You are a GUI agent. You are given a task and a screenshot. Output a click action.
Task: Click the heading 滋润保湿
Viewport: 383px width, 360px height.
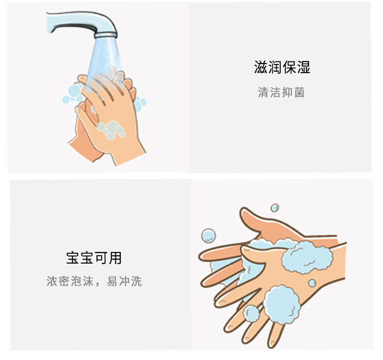point(282,67)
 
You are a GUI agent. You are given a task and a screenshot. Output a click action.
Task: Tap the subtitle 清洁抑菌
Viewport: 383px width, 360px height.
point(281,93)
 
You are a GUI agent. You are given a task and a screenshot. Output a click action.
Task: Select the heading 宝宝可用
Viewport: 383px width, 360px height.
point(94,258)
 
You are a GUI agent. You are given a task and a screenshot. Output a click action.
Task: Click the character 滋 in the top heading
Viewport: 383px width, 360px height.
point(261,67)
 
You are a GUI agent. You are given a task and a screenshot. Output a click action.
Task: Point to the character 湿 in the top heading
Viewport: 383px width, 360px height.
point(303,67)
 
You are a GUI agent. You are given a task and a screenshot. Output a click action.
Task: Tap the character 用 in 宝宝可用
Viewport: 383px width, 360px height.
point(115,258)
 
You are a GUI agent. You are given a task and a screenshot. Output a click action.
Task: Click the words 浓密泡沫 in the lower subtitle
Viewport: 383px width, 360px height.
point(70,281)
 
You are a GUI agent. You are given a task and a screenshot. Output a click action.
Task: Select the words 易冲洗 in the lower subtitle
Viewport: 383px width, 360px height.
point(124,281)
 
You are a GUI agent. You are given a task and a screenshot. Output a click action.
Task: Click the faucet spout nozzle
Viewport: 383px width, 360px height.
point(106,35)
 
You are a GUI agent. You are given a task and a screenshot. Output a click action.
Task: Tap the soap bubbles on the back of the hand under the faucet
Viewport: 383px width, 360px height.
point(111,129)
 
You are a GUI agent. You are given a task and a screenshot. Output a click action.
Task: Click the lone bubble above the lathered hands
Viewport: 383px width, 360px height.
point(275,208)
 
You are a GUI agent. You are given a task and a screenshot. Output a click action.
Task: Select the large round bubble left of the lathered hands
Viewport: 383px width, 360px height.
point(208,235)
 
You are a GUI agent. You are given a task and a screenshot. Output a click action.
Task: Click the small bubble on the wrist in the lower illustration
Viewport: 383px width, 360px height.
point(312,283)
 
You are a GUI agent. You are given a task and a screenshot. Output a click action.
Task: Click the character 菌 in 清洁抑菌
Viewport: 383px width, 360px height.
point(300,93)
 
